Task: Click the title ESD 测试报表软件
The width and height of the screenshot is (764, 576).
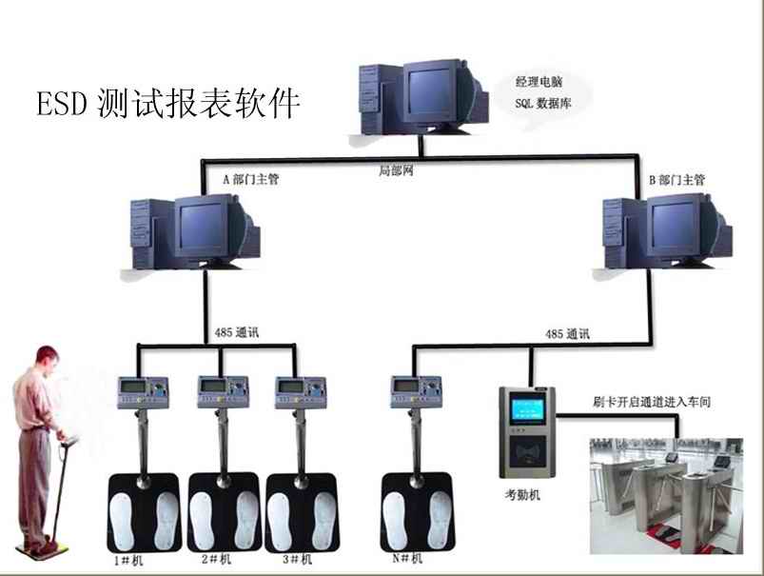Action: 168,102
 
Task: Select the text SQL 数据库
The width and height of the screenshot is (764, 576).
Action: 543,103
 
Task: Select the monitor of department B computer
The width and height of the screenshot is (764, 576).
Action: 679,226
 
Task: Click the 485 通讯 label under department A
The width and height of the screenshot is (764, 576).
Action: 237,334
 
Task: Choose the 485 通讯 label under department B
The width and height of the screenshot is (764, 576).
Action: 567,334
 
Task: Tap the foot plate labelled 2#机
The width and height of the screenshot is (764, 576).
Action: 224,513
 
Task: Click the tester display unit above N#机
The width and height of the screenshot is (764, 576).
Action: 413,389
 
